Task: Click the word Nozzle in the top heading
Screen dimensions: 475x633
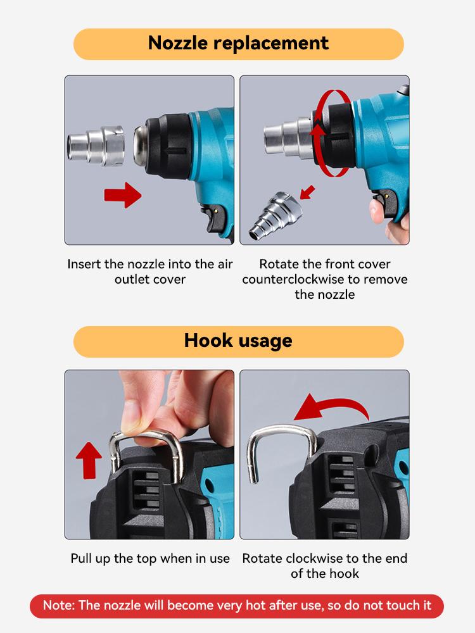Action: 178,43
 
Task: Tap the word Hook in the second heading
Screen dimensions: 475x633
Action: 208,341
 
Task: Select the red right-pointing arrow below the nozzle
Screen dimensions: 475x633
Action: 123,195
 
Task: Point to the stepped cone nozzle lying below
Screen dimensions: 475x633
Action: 275,215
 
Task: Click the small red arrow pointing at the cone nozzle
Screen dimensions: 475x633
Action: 308,192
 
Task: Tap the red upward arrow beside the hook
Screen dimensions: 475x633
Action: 89,460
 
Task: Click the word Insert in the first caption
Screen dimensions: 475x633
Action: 84,264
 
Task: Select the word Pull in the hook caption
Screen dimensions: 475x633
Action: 81,558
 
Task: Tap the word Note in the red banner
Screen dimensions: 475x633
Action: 59,606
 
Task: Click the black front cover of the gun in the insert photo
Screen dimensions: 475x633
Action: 169,146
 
